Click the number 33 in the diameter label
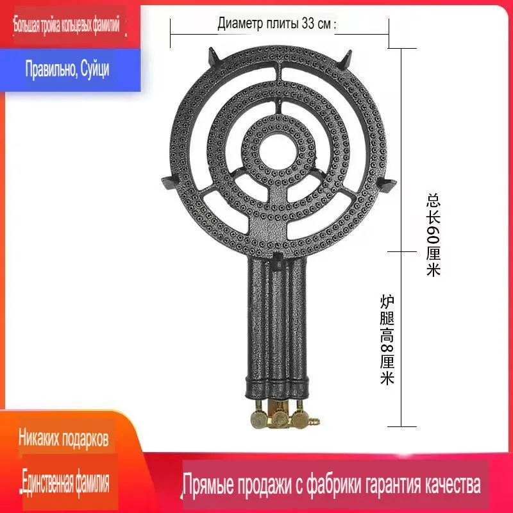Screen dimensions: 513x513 click(308, 23)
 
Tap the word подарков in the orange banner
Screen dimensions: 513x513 click(85, 439)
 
